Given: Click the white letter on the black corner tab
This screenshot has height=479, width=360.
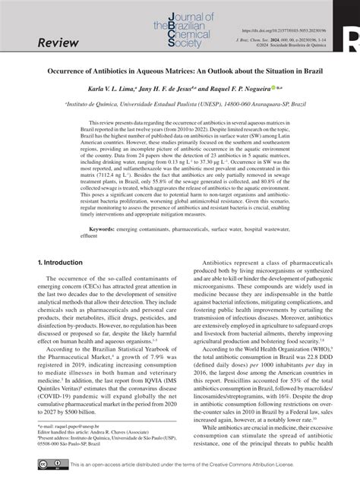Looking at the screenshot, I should [354, 35].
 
